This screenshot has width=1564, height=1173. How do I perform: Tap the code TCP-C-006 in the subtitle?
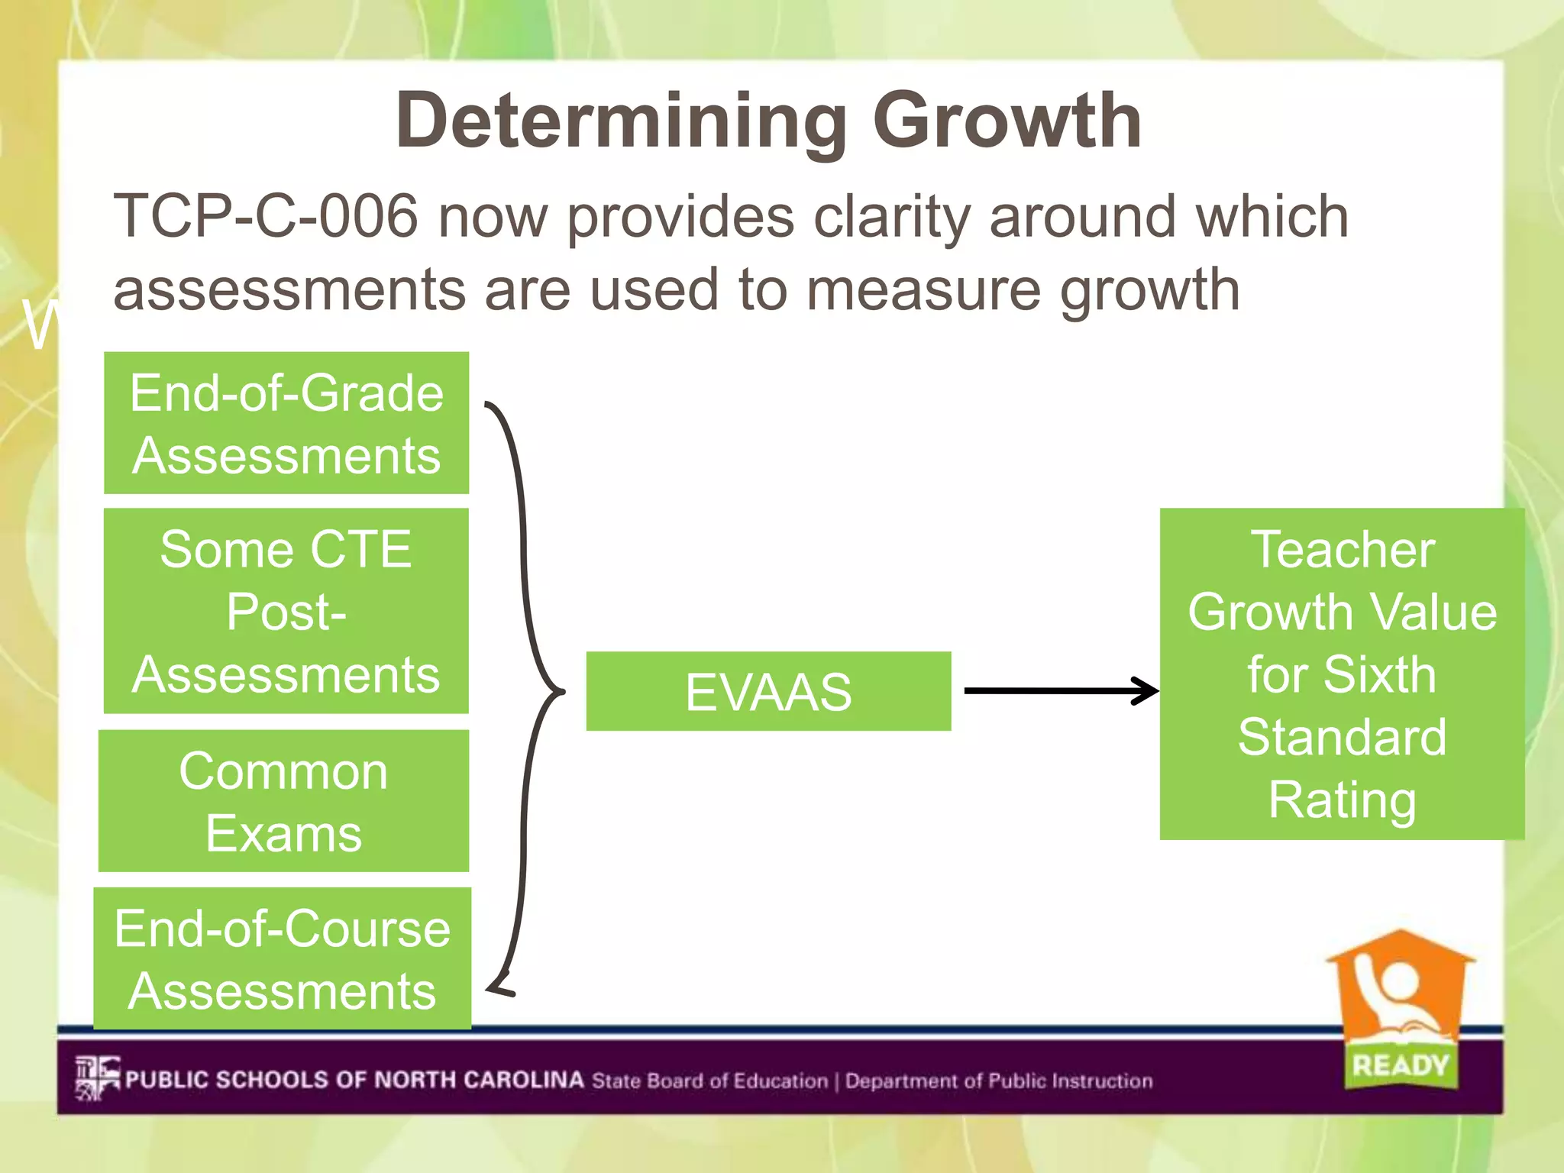[x=266, y=217]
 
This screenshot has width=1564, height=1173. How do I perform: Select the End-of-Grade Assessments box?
[x=286, y=423]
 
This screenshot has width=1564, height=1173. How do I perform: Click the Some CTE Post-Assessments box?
[x=286, y=611]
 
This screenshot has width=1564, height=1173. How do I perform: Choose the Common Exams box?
[x=284, y=801]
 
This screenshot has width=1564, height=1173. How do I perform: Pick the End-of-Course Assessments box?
[x=283, y=959]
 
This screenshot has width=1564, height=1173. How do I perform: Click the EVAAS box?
[x=768, y=691]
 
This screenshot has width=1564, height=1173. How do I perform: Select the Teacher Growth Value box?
[x=1342, y=674]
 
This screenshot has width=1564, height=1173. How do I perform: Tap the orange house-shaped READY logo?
[x=1399, y=993]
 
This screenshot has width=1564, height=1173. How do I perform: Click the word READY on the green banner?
[x=1400, y=1065]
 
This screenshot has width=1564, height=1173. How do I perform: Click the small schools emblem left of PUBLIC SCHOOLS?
[x=97, y=1078]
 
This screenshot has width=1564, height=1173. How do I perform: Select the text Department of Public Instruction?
[x=998, y=1081]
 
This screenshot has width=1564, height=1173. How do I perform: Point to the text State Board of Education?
[x=709, y=1081]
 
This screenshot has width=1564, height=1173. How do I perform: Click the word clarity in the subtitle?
[x=891, y=217]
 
